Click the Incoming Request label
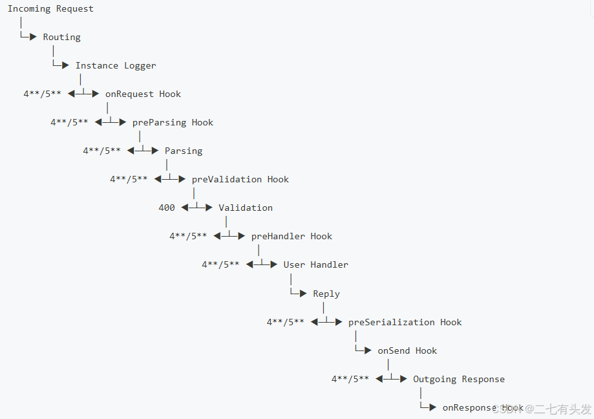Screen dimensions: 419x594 coord(50,9)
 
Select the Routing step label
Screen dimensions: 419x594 coord(62,38)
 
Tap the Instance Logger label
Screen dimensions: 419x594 coord(116,66)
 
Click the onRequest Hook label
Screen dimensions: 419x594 coord(143,94)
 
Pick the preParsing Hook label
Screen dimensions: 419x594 coord(173,123)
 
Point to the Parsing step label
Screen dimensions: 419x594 coord(184,151)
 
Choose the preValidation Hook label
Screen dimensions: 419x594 coord(240,180)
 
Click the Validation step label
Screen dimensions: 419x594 coord(246,208)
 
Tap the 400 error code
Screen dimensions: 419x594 coord(167,208)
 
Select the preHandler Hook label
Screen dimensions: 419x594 coord(292,237)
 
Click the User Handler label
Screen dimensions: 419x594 coord(315,265)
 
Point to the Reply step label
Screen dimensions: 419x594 coord(326,294)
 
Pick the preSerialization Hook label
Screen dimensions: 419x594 coord(405,323)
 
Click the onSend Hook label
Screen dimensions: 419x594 coord(407,351)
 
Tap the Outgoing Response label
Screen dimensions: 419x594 coord(459,380)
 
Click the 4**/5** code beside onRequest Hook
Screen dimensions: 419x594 coord(43,94)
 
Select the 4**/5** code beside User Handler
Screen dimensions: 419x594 coord(220,265)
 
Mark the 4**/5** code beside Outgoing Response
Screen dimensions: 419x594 coord(350,380)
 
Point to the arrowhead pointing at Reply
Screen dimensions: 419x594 coord(303,294)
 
